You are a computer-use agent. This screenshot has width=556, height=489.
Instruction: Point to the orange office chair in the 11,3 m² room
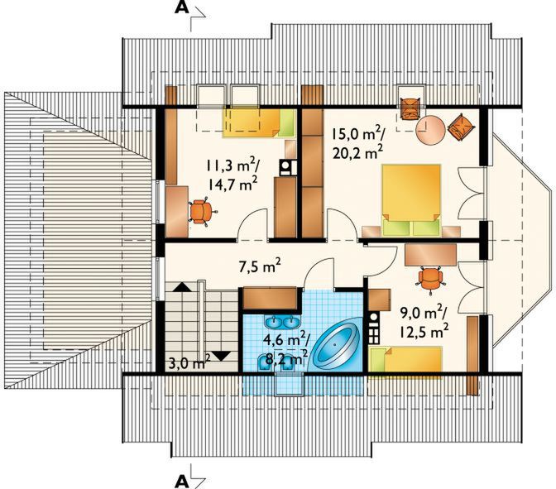point(199,210)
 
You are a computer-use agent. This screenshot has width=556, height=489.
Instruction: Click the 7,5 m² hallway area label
point(258,266)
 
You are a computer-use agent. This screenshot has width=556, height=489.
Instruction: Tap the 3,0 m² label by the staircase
point(188,362)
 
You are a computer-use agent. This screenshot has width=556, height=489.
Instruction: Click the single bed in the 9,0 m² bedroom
point(405,361)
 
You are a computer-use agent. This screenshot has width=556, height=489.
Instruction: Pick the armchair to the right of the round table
point(461,127)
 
